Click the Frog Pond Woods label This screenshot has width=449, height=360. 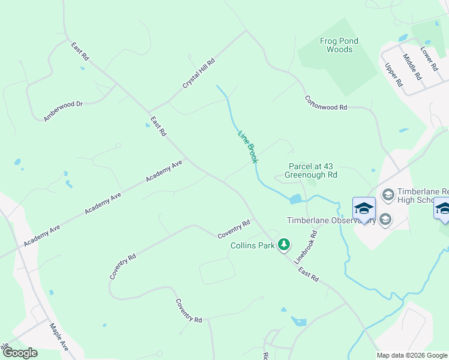[x=339, y=46]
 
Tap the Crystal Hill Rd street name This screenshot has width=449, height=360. [x=199, y=74]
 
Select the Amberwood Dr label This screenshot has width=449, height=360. [x=62, y=112]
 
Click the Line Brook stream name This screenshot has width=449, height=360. [x=247, y=147]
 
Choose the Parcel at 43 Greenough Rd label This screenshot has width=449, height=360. [x=310, y=170]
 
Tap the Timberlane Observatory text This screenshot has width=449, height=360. [x=331, y=220]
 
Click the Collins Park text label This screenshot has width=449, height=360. [x=253, y=245]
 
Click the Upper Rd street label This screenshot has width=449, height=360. [x=393, y=76]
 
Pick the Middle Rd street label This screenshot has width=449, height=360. [x=412, y=67]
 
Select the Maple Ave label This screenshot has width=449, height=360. [x=59, y=338]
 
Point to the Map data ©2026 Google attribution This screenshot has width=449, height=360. [x=412, y=355]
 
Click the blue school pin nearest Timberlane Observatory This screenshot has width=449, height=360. [x=364, y=208]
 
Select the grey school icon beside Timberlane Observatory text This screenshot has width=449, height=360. [x=385, y=220]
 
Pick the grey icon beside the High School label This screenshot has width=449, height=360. [x=388, y=194]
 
